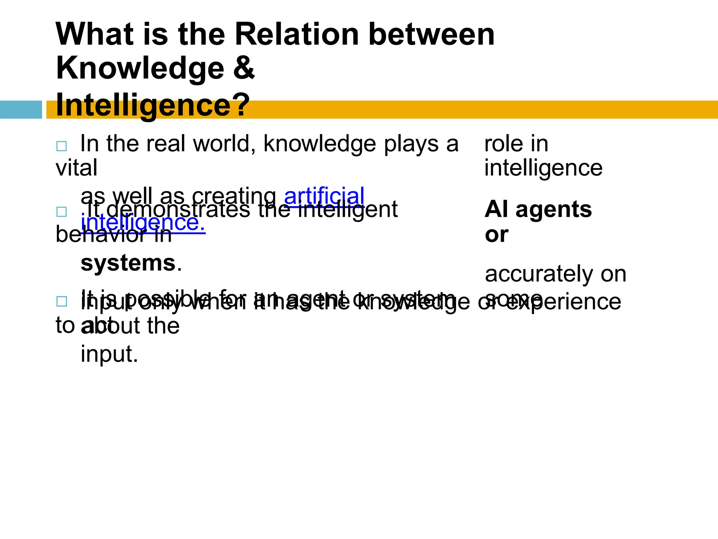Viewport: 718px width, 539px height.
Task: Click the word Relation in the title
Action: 296,34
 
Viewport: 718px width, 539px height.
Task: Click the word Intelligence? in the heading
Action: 153,105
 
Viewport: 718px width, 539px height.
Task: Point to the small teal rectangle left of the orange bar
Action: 21,109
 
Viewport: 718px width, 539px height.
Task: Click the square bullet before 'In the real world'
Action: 61,146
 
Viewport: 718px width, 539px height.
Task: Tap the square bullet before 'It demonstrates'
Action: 61,212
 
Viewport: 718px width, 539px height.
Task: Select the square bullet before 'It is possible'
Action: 61,301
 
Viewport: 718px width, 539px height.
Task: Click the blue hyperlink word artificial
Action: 324,196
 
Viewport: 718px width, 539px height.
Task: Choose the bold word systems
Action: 128,263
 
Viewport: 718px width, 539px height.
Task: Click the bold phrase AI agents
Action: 538,209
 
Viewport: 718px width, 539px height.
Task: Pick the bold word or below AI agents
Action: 496,234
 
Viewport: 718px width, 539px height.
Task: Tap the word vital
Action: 76,168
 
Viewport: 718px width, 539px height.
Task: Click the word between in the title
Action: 432,34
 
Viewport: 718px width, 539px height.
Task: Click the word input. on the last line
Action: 109,354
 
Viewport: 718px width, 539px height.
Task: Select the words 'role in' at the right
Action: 516,144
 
